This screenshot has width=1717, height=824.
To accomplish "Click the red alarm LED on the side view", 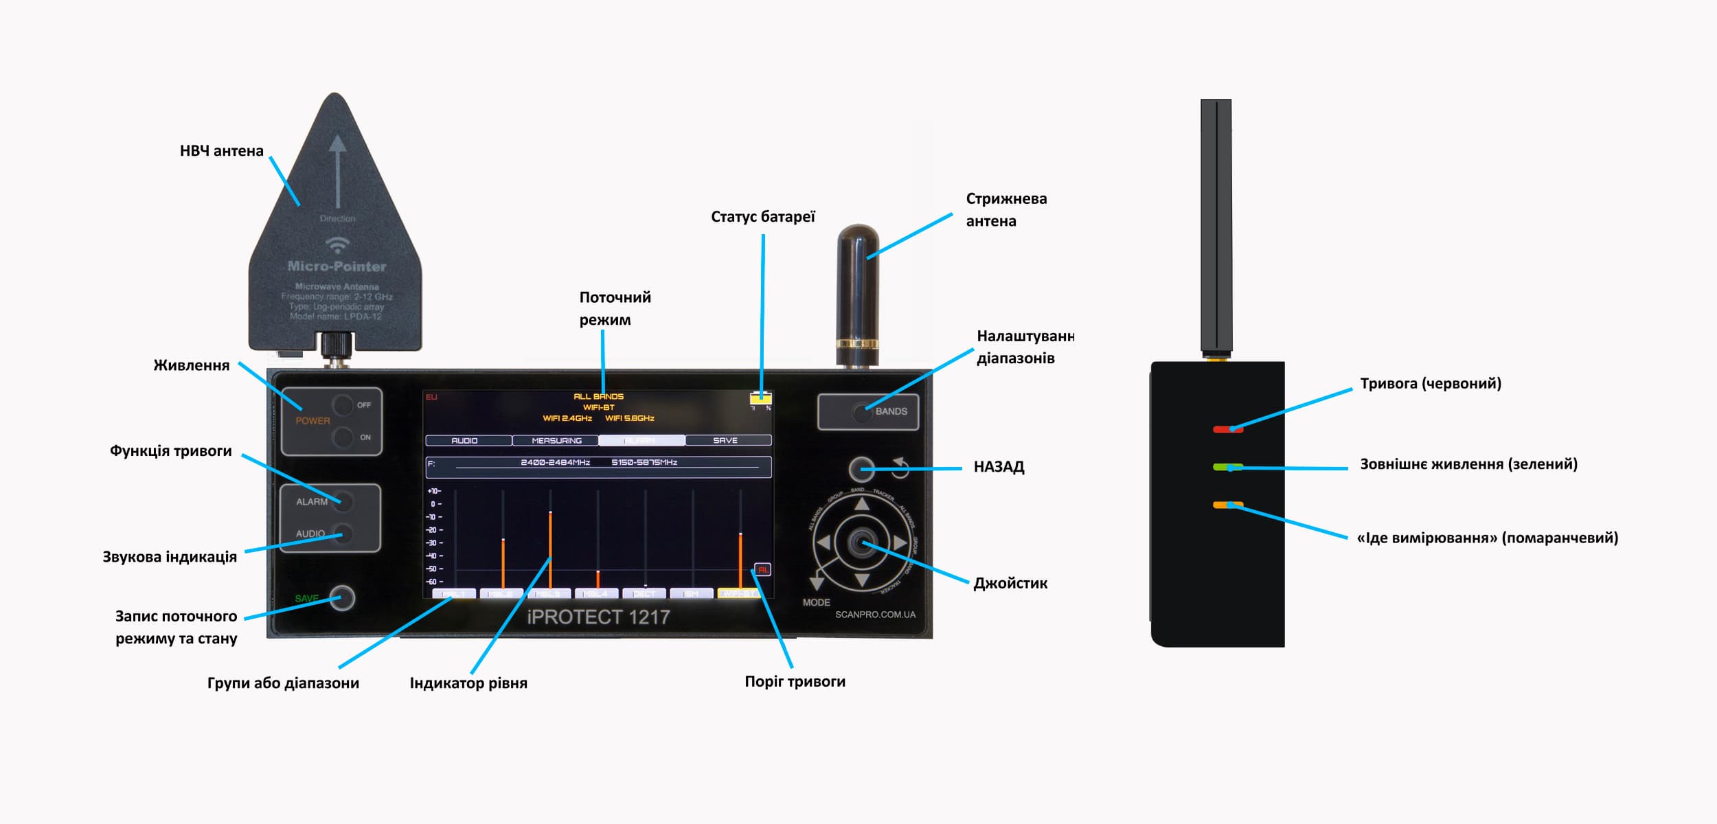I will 1227,430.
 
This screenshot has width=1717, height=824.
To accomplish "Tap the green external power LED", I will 1227,468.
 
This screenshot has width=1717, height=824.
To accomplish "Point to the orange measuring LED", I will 1227,505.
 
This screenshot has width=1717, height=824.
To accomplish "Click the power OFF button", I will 343,404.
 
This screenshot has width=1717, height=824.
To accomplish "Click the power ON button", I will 343,437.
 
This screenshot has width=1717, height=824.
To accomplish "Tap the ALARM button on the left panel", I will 343,502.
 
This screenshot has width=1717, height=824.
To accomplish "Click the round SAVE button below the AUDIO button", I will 342,598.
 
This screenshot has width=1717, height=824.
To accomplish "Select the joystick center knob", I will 861,543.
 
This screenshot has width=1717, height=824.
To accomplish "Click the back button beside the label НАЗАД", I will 862,470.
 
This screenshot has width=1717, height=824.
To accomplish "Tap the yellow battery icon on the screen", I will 761,398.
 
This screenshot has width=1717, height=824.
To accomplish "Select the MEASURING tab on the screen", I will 556,441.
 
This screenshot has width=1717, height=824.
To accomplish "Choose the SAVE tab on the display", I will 725,441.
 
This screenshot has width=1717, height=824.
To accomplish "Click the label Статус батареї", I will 762,217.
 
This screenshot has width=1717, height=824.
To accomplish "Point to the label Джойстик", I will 1010,584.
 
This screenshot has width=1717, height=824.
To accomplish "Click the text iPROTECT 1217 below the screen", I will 598,617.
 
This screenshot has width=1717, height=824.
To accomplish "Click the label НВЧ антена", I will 221,151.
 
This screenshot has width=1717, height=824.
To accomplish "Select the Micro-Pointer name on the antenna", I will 337,266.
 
